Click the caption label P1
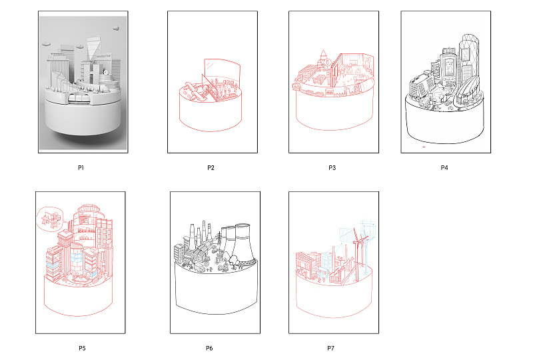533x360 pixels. (81, 167)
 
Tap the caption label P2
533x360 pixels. (211, 167)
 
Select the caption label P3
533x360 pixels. (332, 167)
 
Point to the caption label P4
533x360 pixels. (444, 167)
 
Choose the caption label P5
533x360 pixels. (82, 348)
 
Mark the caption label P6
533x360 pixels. (209, 348)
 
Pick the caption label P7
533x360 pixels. (330, 348)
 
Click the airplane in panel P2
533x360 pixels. (194, 91)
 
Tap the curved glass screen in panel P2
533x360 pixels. (223, 69)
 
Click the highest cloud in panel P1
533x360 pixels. (116, 28)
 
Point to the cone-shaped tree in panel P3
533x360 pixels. (323, 58)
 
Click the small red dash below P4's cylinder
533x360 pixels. (424, 147)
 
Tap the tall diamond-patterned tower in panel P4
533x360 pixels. (469, 58)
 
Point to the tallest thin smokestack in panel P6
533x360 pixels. (204, 232)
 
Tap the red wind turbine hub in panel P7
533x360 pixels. (358, 242)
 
